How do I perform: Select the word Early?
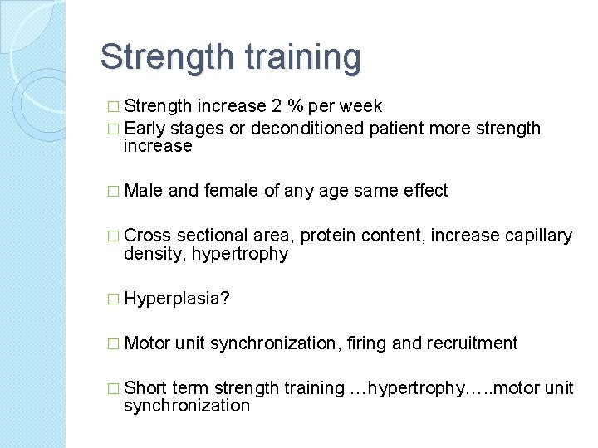coord(145,129)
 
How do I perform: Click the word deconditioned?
coord(307,129)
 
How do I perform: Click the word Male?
coord(143,191)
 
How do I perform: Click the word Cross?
coord(147,236)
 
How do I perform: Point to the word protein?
coord(328,236)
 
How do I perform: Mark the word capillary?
coord(538,236)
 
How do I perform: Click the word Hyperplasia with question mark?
coord(177,299)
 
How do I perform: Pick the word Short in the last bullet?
coord(145,388)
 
